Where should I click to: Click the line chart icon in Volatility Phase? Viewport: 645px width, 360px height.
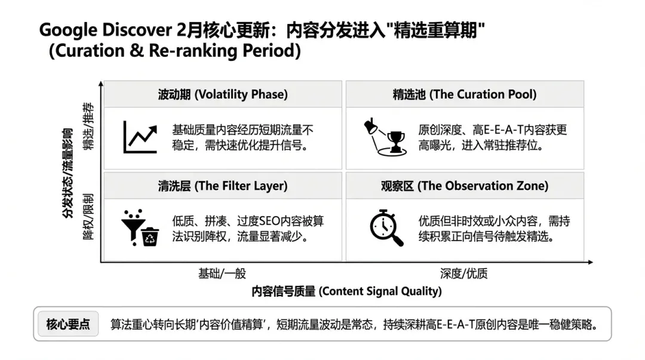140,137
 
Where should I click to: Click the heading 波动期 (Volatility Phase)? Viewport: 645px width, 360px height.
223,94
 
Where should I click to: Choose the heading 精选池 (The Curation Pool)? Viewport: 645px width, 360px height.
465,94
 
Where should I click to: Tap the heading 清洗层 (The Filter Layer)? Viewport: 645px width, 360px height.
223,186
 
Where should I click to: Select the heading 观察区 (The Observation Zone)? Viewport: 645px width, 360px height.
465,186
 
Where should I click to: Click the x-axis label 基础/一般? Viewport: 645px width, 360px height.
222,273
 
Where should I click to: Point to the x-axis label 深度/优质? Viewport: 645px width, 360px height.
464,273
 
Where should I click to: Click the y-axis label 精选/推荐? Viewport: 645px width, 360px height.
88,127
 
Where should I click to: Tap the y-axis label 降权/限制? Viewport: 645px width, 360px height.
88,217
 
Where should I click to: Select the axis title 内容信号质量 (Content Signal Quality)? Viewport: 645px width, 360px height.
346,291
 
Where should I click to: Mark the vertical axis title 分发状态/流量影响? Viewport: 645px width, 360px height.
67,173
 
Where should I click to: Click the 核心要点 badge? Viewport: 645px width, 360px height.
68,324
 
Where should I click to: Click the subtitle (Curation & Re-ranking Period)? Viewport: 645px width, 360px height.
175,51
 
